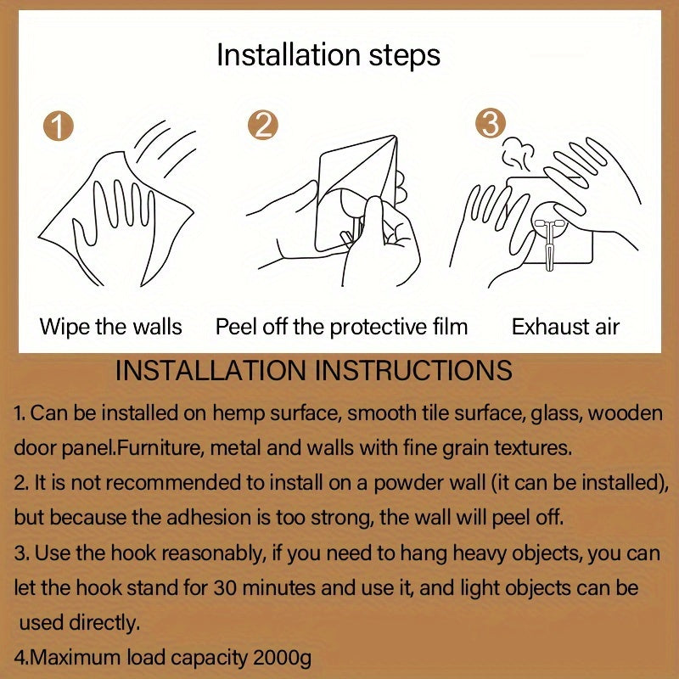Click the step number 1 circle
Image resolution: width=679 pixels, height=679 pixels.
point(58,126)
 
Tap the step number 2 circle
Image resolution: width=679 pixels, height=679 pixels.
point(263,125)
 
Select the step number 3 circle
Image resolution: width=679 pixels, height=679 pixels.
point(491,123)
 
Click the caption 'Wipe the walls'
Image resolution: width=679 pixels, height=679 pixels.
point(111,327)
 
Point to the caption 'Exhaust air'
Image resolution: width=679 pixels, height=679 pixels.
point(565,327)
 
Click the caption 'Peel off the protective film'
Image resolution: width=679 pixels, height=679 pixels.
point(342,327)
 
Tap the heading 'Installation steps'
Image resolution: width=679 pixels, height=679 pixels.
point(328,56)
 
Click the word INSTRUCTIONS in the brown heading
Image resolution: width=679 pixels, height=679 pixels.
point(413,371)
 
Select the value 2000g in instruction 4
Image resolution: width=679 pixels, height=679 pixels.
point(282,658)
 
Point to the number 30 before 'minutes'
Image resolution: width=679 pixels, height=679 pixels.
point(225,588)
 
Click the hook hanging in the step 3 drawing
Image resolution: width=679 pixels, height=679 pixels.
point(549,244)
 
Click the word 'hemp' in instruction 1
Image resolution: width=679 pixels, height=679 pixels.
point(238,413)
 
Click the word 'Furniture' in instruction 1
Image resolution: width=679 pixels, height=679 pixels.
point(157,448)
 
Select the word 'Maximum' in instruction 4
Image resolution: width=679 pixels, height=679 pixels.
point(76,658)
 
